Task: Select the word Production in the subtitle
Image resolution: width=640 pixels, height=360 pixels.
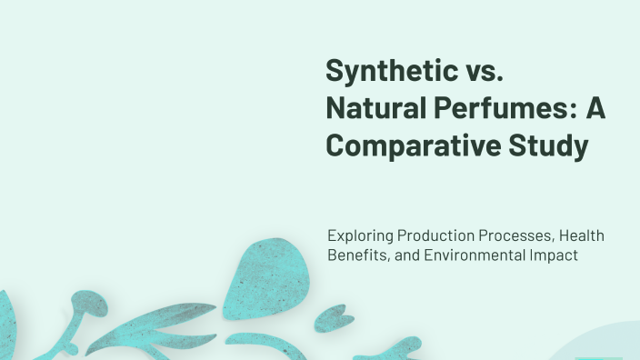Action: pos(431,236)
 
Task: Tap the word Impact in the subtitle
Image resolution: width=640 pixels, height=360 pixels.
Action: pos(553,256)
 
